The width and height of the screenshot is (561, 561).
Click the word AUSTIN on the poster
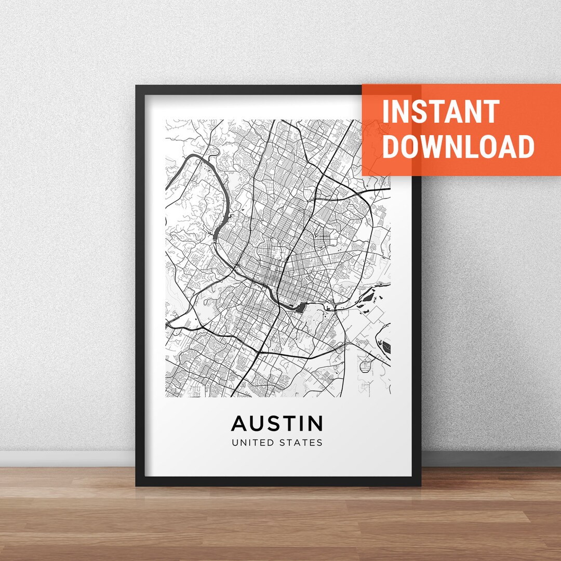pyautogui.click(x=277, y=423)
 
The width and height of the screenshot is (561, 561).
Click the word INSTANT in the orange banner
pyautogui.click(x=440, y=111)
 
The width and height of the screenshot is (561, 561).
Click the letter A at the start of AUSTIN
pyautogui.click(x=239, y=423)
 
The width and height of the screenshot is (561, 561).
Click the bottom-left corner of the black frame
pyautogui.click(x=137, y=485)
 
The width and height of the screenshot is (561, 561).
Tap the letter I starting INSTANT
pyautogui.click(x=385, y=111)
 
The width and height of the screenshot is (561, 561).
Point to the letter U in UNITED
pyautogui.click(x=235, y=443)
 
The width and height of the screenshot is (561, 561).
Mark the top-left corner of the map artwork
pyautogui.click(x=166, y=120)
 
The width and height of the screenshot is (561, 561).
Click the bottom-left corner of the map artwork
pyautogui.click(x=166, y=397)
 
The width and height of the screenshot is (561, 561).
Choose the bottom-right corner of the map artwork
pyautogui.click(x=390, y=397)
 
